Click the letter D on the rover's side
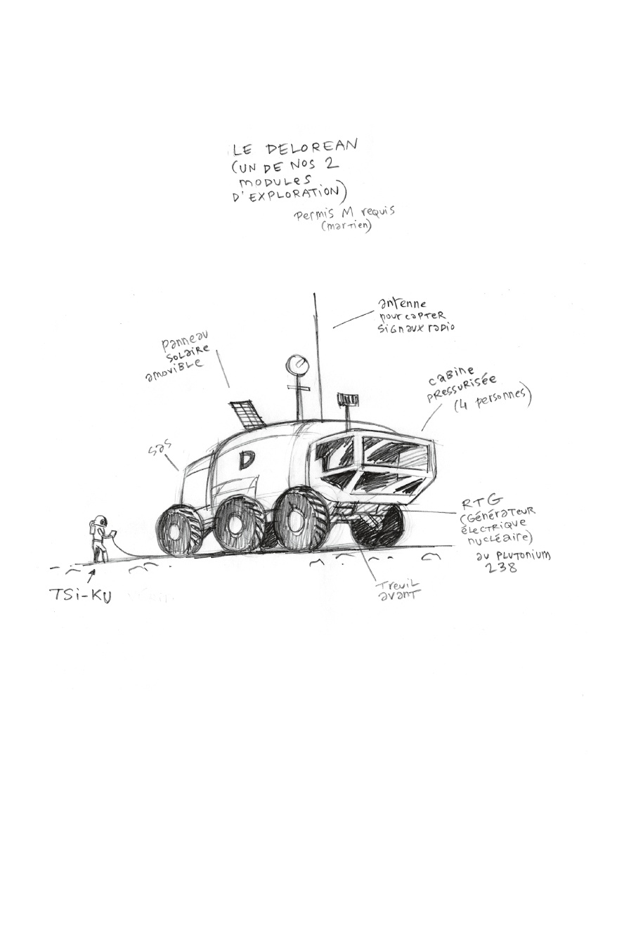point(247,460)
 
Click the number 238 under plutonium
point(502,567)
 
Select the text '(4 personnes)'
point(493,401)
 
